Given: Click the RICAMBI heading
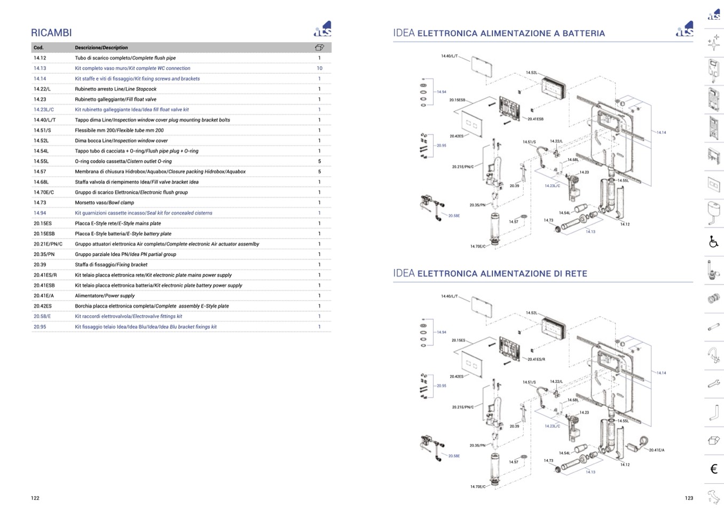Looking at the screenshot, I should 51,33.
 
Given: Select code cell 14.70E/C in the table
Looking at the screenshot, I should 44,192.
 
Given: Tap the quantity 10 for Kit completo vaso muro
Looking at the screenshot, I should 319,68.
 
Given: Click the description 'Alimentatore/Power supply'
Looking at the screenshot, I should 105,296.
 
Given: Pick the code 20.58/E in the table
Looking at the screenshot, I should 42,316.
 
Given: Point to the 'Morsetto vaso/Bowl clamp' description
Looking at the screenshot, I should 104,203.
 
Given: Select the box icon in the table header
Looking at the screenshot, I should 319,48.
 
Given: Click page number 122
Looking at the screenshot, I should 35,498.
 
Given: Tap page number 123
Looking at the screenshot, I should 689,498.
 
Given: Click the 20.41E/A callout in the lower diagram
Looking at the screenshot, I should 657,450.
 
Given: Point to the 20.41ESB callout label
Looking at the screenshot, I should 536,119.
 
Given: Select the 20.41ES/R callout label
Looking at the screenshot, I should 536,359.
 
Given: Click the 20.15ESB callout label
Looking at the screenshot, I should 457,100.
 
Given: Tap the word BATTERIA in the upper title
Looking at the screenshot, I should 584,34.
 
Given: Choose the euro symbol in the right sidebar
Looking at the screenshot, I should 713,469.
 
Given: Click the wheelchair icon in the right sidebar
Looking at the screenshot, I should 713,242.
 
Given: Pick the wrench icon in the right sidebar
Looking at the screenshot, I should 713,383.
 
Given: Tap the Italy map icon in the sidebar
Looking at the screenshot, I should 713,497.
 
